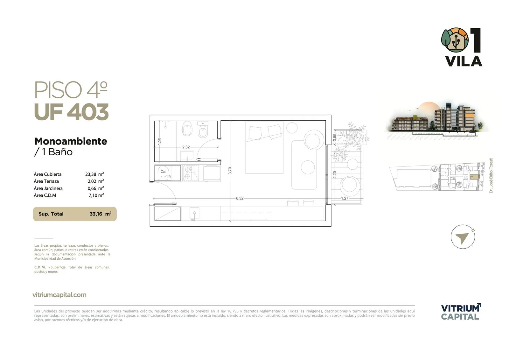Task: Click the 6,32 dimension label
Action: pos(240,198)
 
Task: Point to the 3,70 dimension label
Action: pos(230,171)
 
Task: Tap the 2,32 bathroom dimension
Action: pos(186,147)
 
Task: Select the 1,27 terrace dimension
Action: pos(345,198)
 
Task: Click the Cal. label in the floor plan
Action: pos(163,172)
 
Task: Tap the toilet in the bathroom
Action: pos(187,128)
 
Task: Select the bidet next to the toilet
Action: pos(203,130)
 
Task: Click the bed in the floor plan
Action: pos(264,148)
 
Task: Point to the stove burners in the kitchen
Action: pos(188,173)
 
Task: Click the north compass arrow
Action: pos(462,238)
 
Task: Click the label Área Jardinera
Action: pos(48,188)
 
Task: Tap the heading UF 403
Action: pos(72,112)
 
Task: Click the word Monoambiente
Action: pos(71,141)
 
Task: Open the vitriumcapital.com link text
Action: pos(59,295)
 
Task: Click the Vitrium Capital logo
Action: pos(461,312)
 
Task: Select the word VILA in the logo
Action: pos(464,61)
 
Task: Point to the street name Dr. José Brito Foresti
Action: pos(491,175)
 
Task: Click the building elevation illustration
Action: pos(436,121)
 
